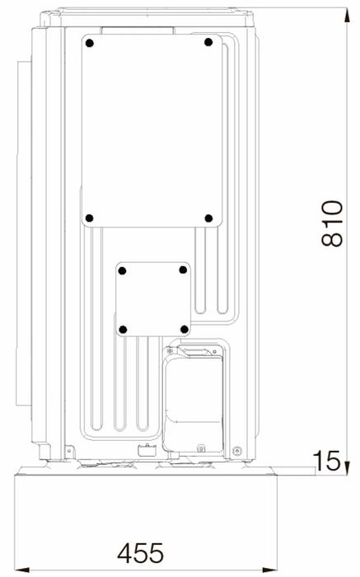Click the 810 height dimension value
click(332, 223)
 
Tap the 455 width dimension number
click(140, 553)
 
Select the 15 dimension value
click(326, 461)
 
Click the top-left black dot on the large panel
click(89, 43)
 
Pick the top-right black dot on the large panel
click(208, 42)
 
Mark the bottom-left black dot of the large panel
click(89, 218)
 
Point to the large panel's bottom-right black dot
click(208, 218)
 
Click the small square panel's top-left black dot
click(123, 271)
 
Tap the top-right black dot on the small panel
click(183, 270)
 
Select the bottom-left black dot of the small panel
click(124, 330)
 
